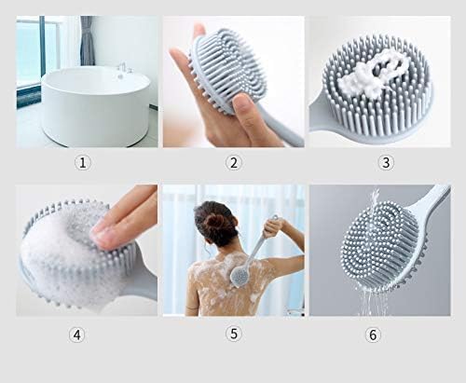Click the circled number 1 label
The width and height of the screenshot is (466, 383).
(84, 162)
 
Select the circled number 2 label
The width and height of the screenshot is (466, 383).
(233, 162)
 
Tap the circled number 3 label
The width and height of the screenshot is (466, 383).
(385, 162)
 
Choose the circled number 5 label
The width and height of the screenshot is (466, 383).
(233, 334)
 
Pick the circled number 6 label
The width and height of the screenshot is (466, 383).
(373, 334)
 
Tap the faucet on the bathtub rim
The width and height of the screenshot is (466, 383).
(122, 67)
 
